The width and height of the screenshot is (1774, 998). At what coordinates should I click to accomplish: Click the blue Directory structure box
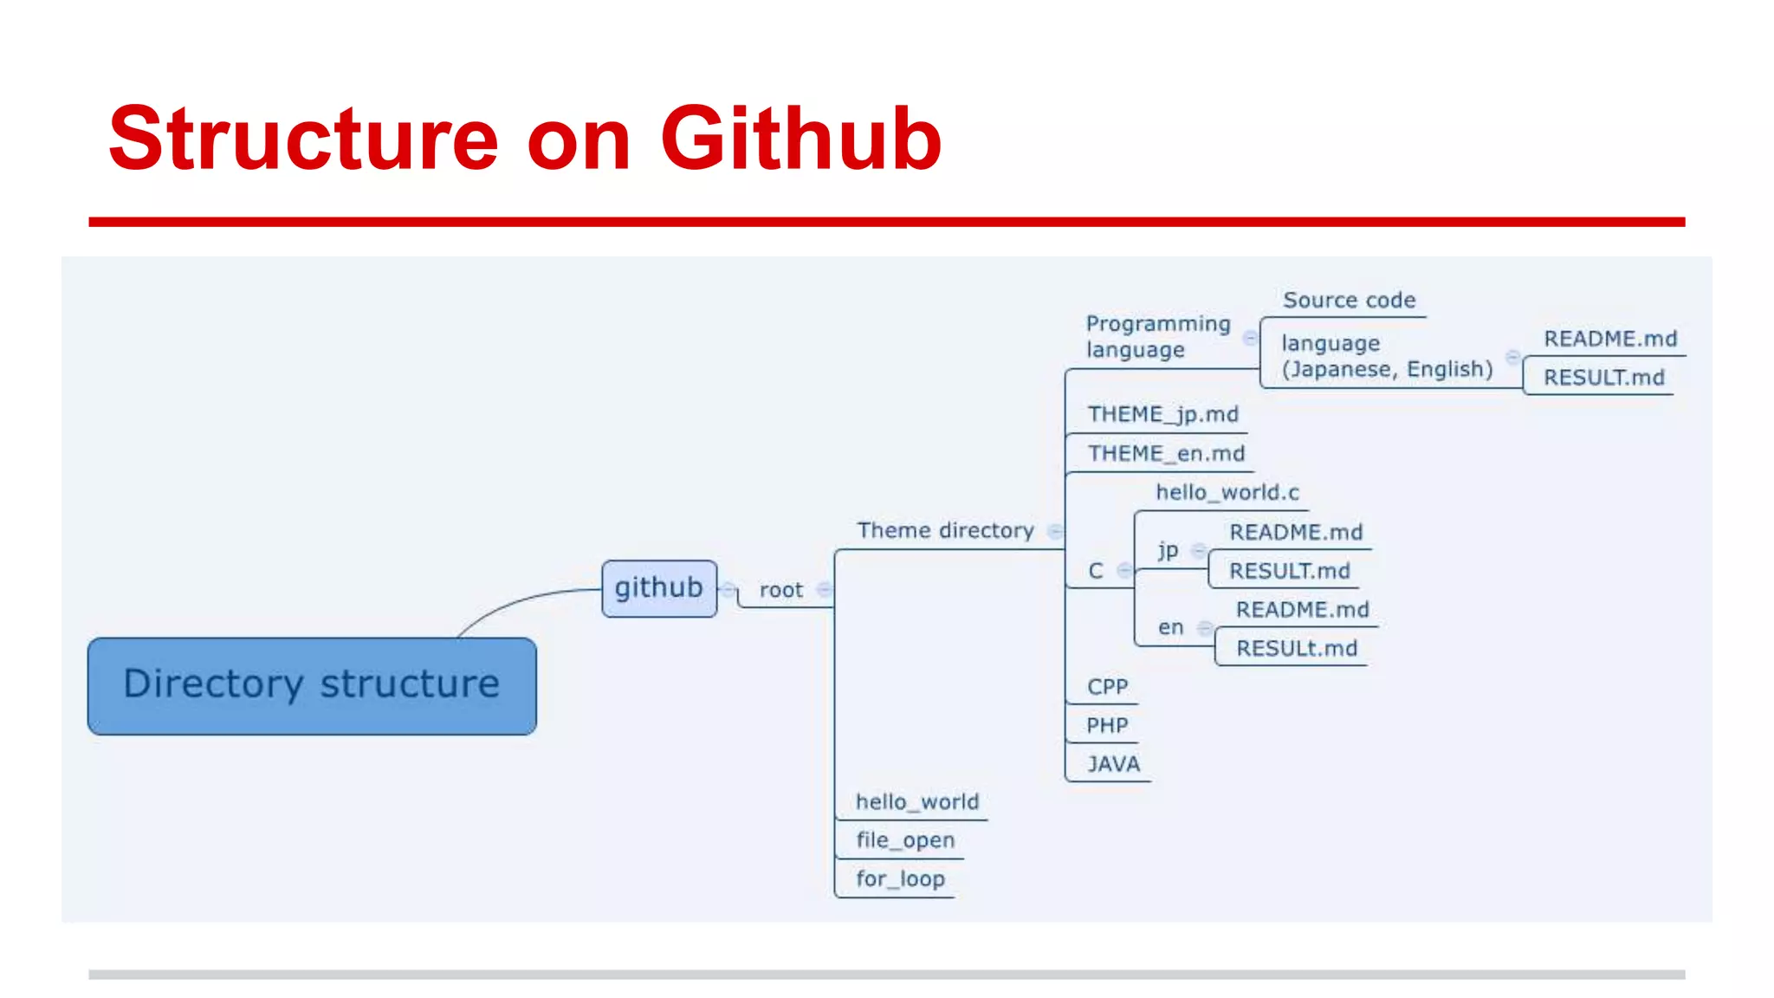pos(312,685)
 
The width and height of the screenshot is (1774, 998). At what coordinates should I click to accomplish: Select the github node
pos(659,588)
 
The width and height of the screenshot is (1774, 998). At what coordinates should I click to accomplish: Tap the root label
pos(780,591)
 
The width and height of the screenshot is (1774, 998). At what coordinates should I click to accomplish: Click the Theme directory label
pos(945,530)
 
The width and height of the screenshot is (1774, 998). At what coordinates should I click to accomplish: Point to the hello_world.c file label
pos(1227,493)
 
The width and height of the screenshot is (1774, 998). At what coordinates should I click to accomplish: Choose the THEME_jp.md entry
pos(1162,414)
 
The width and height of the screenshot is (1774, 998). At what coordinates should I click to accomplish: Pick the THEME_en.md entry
pos(1166,453)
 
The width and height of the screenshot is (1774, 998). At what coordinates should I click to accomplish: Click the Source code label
pos(1349,301)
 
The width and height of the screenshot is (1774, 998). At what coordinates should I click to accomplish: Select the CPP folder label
pos(1107,687)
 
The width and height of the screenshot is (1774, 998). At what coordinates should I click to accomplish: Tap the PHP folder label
pos(1107,726)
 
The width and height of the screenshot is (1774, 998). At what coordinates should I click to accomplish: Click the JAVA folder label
pos(1113,764)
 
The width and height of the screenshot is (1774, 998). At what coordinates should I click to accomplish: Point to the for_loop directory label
pos(900,879)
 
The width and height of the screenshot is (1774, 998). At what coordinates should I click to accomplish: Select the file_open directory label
pos(905,840)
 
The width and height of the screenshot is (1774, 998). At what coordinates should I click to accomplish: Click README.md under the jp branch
pos(1296,532)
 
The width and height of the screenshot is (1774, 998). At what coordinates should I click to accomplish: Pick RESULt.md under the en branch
pos(1296,649)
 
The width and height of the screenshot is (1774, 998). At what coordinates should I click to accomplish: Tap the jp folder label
pos(1168,550)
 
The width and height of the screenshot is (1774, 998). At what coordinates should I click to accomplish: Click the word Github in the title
pos(800,139)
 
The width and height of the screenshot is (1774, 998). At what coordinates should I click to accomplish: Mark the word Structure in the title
pos(303,139)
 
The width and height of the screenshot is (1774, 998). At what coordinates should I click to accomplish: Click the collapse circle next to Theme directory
pos(1055,531)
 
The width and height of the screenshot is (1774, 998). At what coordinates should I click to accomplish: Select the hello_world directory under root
pos(916,802)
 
